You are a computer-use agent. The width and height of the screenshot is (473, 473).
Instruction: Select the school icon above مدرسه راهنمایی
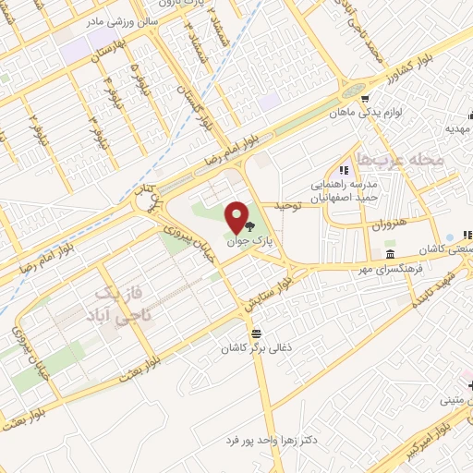pyautogui.click(x=344, y=169)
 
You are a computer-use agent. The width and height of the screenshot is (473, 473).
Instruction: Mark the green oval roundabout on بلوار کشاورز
pyautogui.click(x=351, y=91)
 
